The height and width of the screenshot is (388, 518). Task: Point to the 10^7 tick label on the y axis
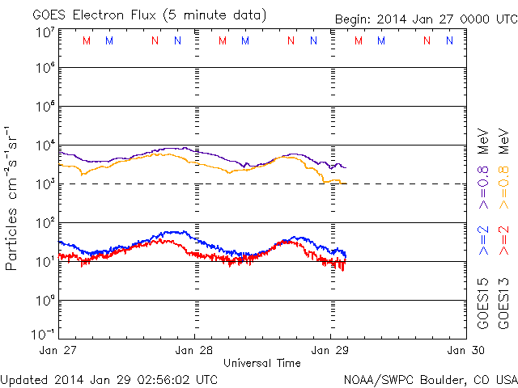pyautogui.click(x=44, y=32)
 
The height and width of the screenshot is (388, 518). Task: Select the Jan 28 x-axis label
pyautogui.click(x=194, y=350)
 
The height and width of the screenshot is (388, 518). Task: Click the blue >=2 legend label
pyautogui.click(x=483, y=239)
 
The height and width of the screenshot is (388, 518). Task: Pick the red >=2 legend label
pyautogui.click(x=504, y=239)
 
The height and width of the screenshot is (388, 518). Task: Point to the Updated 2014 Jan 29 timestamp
pyautogui.click(x=109, y=379)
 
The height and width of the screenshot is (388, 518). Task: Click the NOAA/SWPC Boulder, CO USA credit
pyautogui.click(x=430, y=379)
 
